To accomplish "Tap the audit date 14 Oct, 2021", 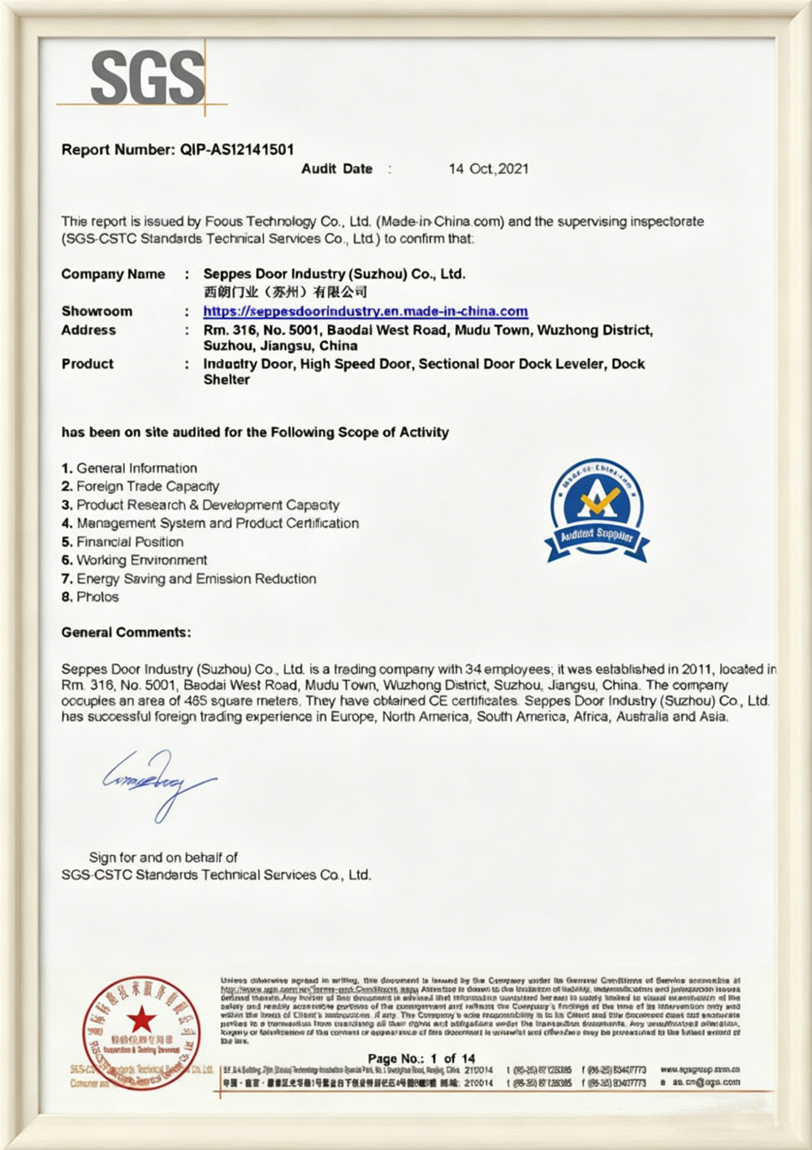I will (488, 169).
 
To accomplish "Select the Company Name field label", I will (113, 275).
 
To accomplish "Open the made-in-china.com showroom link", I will (365, 311).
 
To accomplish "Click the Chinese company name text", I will (285, 292).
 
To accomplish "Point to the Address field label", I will (89, 330).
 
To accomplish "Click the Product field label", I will (88, 364).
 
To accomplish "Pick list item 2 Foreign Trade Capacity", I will (140, 487).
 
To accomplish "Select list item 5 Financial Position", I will (123, 542).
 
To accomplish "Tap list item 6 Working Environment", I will (134, 561).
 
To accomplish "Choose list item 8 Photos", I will (90, 597).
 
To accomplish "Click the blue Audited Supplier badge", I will (596, 510).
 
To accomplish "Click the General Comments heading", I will (127, 632).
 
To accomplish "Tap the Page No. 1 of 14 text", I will (421, 1058).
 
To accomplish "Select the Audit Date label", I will (337, 169).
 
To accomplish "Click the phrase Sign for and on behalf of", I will (163, 857).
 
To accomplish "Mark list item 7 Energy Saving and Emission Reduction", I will (189, 579).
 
